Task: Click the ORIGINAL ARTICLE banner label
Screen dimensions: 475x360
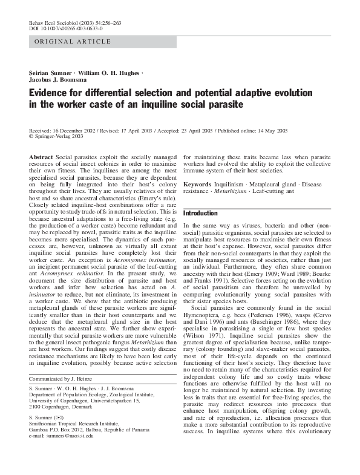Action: click(73, 42)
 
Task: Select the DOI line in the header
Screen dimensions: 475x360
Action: click(66, 28)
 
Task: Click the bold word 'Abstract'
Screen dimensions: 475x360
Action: click(41, 157)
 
